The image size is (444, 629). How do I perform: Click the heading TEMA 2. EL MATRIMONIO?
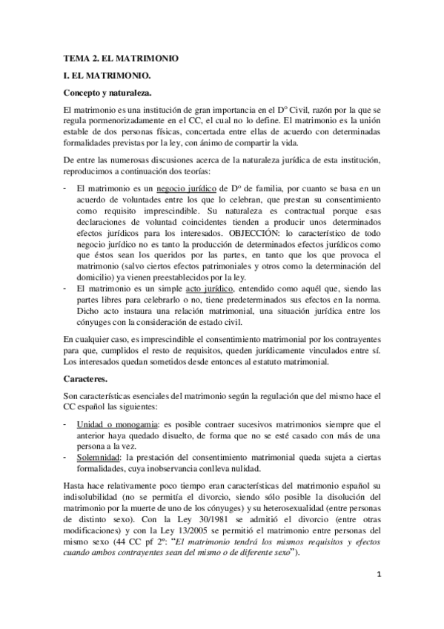click(x=120, y=57)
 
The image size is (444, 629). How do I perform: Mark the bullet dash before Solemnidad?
click(x=67, y=458)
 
